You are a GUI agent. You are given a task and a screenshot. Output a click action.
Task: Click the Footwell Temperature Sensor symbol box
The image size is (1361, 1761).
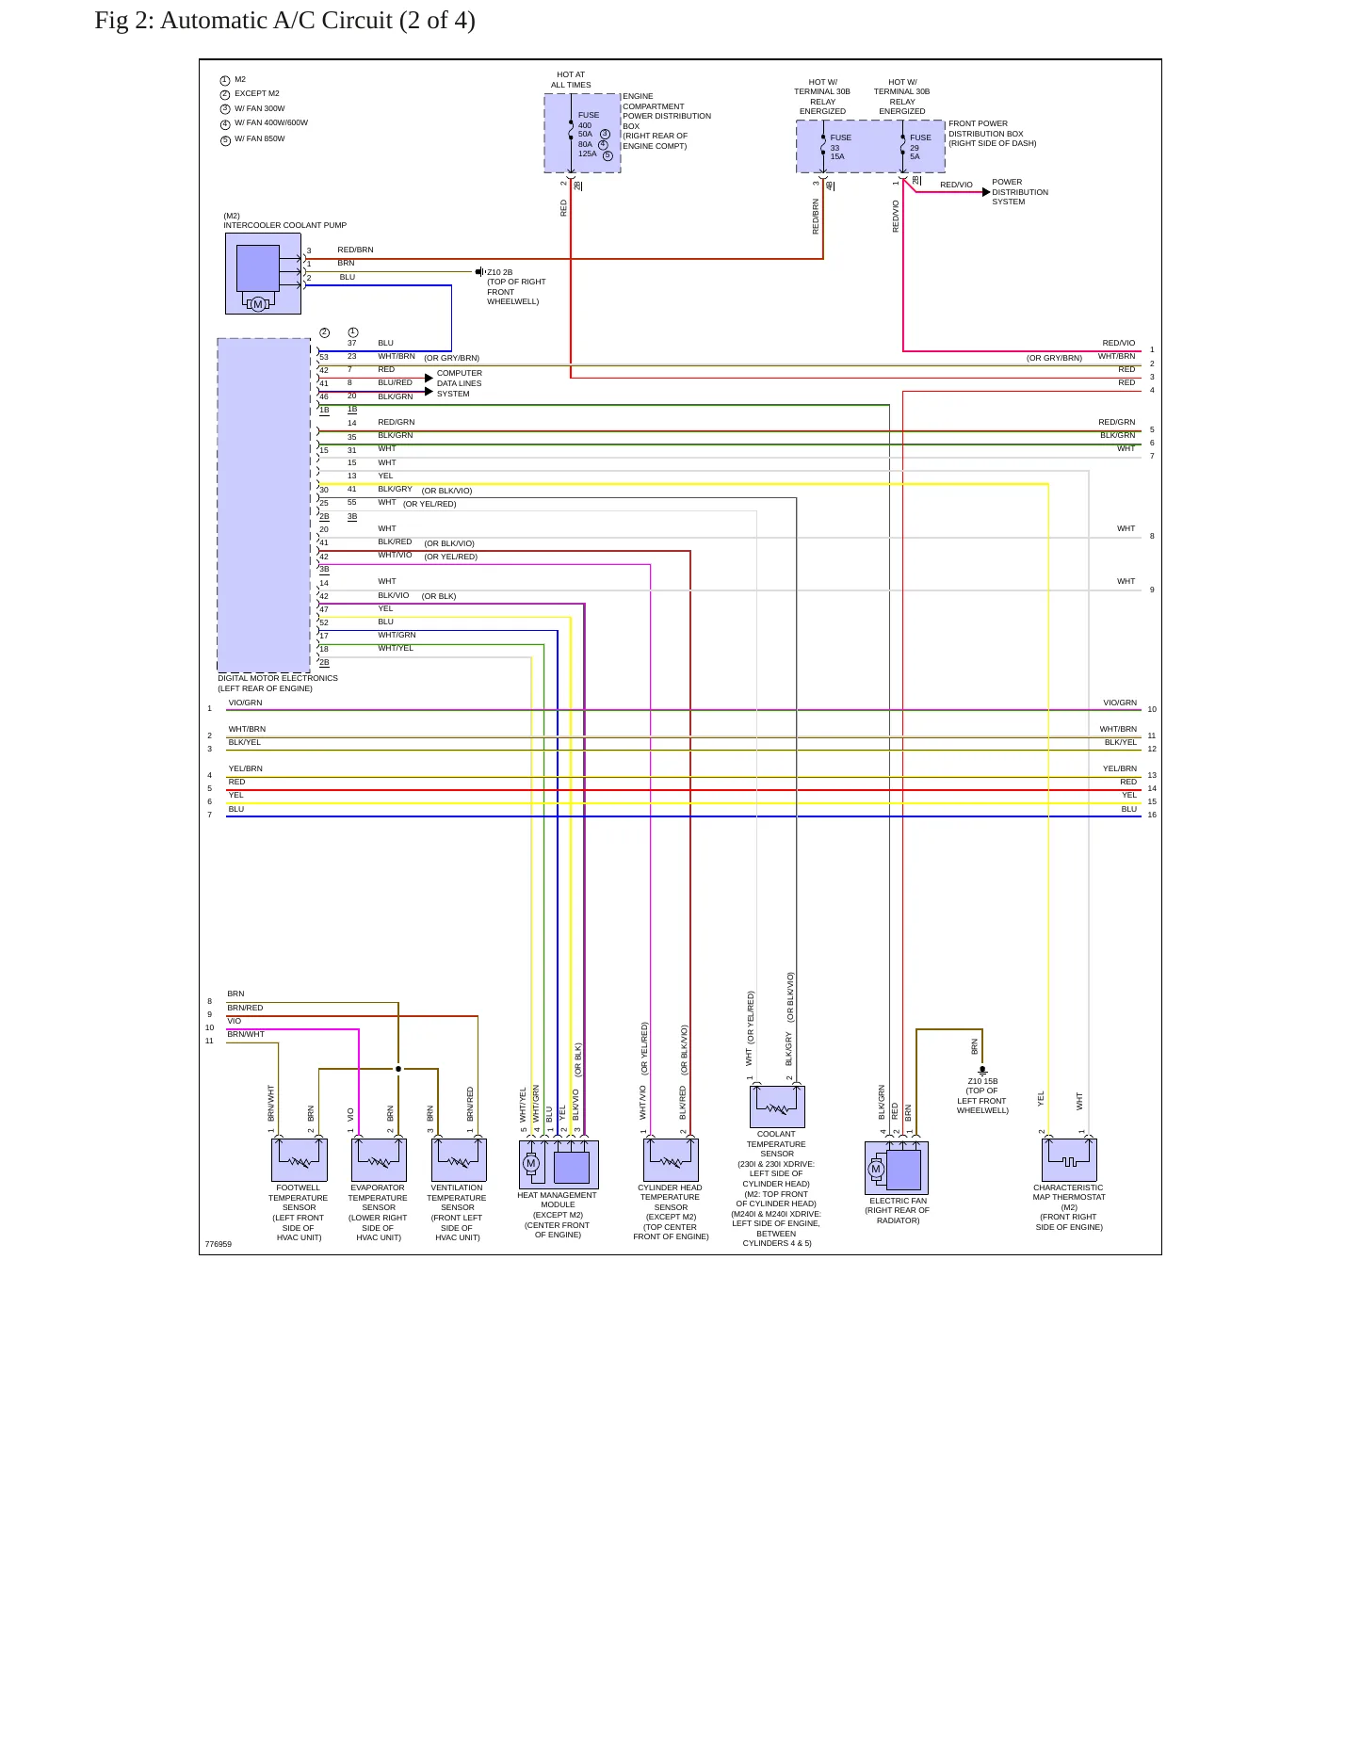(x=299, y=1160)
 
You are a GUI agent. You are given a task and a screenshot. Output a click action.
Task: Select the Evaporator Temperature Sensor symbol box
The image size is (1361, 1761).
(x=379, y=1160)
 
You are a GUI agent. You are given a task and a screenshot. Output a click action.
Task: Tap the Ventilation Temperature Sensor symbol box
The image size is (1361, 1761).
(x=459, y=1160)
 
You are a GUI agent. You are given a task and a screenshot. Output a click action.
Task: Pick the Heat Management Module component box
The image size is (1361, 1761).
(x=559, y=1165)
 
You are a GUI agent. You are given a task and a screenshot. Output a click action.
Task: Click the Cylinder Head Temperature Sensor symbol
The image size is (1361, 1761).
(x=671, y=1160)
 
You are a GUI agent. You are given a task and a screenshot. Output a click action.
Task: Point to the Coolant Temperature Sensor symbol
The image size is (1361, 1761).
(x=777, y=1107)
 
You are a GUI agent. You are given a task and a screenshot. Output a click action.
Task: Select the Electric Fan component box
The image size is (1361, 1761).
(x=897, y=1168)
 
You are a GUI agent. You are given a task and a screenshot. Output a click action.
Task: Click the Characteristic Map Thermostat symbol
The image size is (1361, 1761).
(x=1069, y=1160)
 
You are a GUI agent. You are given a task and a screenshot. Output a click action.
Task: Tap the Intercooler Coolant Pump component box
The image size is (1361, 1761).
(x=263, y=273)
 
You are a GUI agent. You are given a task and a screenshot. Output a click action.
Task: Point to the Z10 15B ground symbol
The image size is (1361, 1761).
(x=982, y=1071)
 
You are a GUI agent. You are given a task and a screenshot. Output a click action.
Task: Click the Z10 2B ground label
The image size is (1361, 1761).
(x=500, y=272)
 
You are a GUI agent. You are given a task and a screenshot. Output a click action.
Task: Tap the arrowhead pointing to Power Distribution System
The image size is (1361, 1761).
(x=986, y=192)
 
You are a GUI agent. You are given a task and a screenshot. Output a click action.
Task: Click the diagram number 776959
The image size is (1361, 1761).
(x=219, y=1244)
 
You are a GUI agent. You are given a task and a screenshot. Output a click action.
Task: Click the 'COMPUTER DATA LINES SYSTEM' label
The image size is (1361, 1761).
(x=460, y=383)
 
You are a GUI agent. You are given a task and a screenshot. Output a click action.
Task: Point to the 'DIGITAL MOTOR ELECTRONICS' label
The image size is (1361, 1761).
(x=278, y=678)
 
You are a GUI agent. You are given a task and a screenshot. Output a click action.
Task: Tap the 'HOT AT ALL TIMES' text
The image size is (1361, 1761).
(x=571, y=80)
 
